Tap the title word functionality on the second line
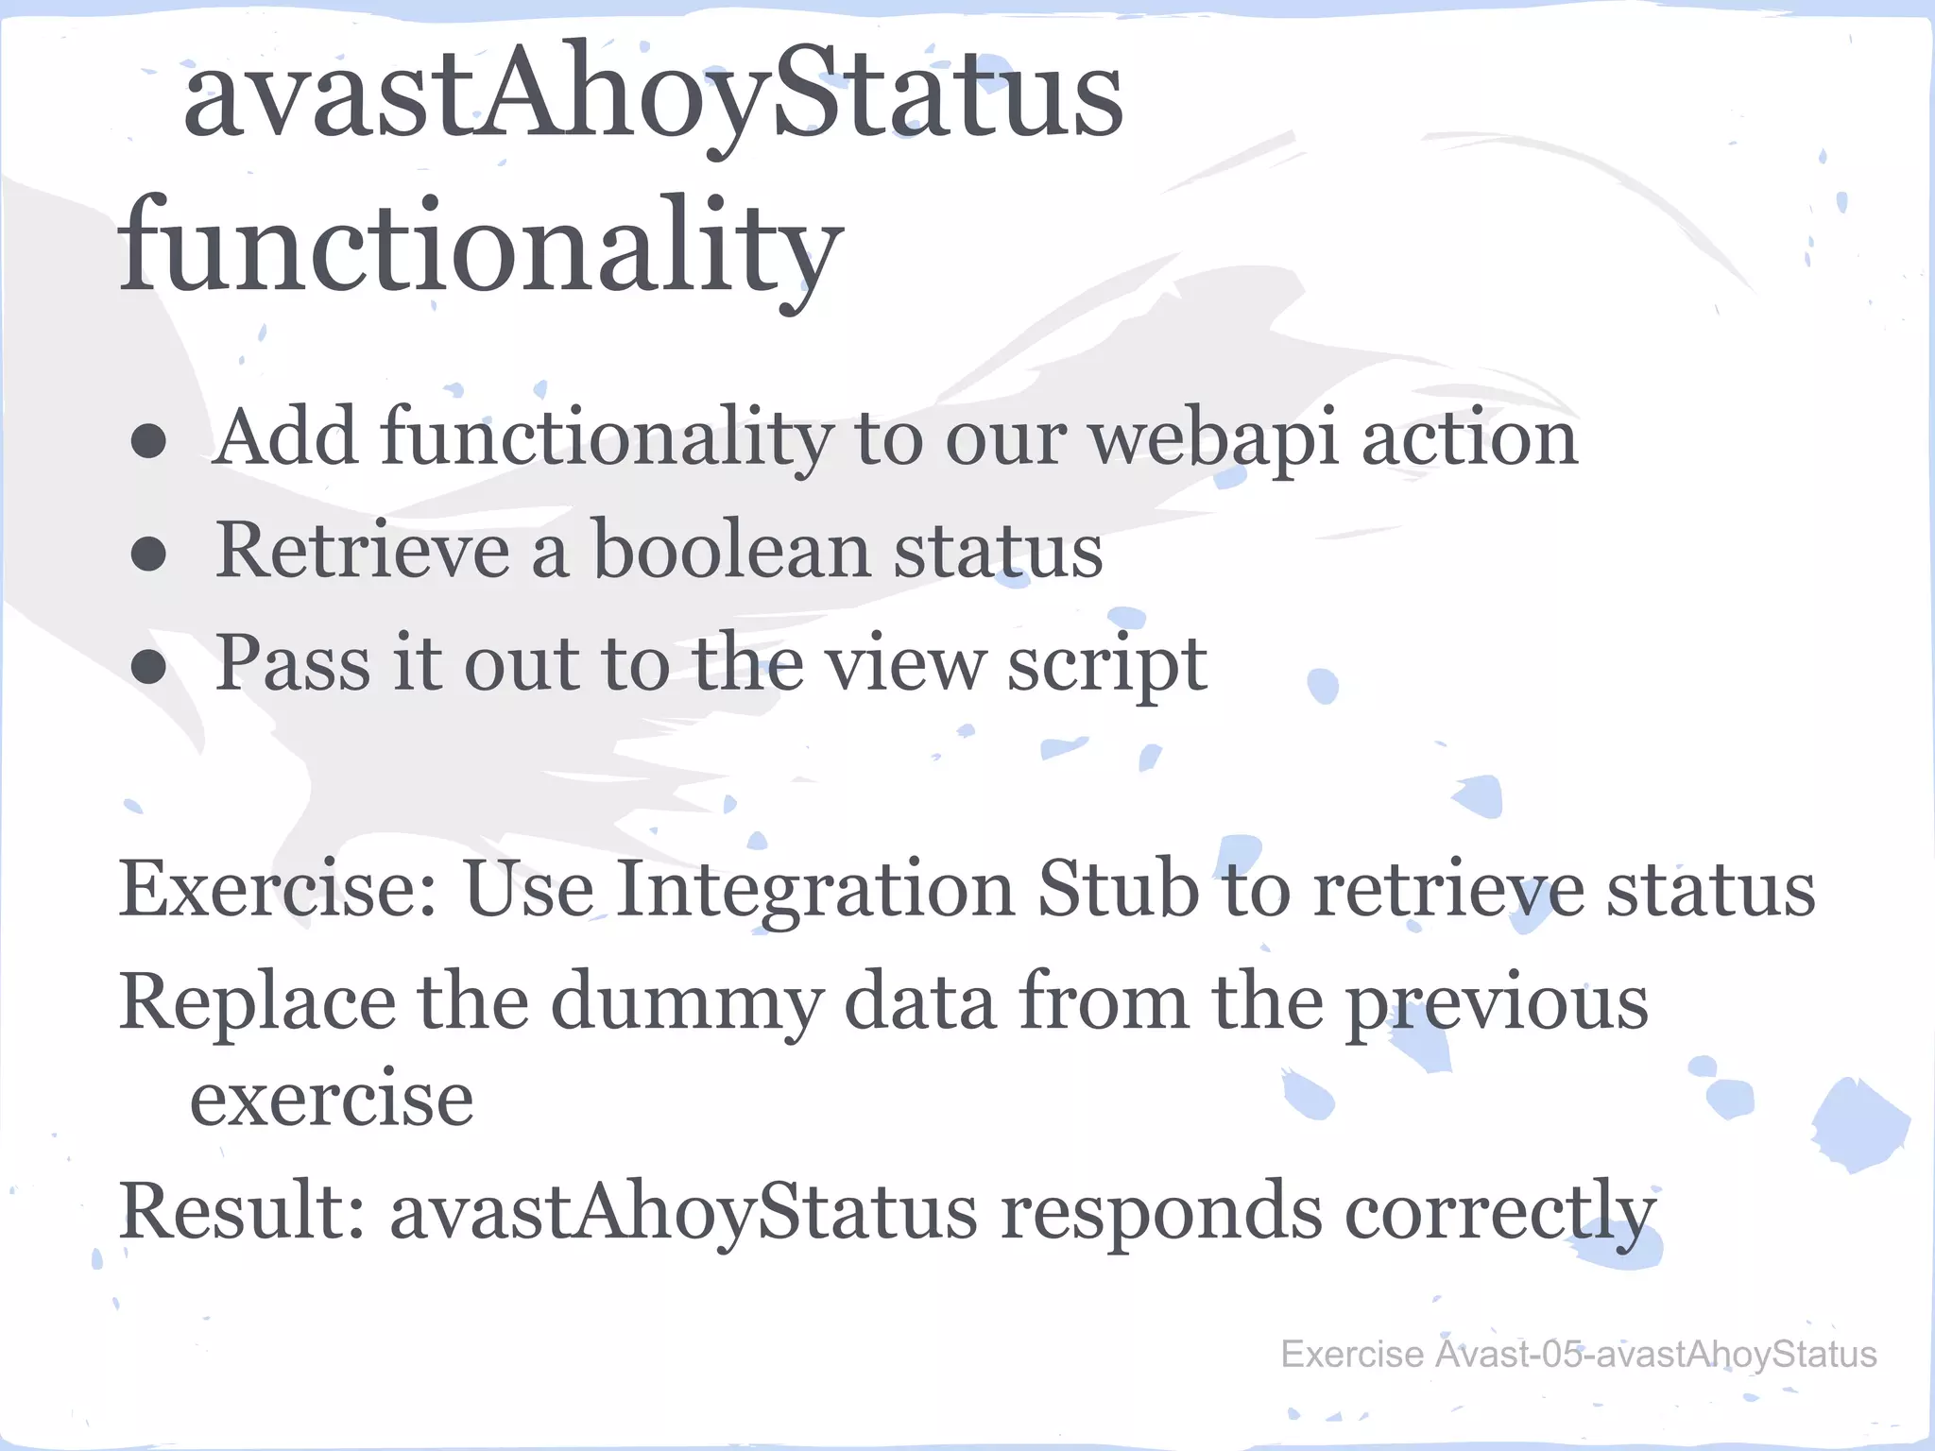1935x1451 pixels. tap(480, 248)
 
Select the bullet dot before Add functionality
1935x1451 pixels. tap(149, 440)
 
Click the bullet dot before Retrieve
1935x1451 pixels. tap(149, 554)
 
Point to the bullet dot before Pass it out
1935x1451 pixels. tap(149, 667)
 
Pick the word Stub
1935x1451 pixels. tap(1118, 890)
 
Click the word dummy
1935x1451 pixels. tap(686, 1003)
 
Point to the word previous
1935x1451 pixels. tap(1497, 1003)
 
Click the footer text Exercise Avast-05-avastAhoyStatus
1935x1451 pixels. tap(1578, 1355)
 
